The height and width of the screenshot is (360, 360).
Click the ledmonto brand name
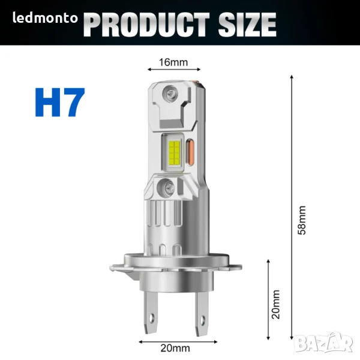[45, 18]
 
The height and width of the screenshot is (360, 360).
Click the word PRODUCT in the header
[146, 25]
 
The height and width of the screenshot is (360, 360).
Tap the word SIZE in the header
[247, 25]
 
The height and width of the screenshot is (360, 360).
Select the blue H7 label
[60, 103]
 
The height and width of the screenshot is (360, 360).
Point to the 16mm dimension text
[173, 62]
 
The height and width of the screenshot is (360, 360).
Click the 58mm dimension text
[302, 220]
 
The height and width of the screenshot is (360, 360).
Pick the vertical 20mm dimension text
[276, 304]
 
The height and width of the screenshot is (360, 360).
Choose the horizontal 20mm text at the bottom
[175, 348]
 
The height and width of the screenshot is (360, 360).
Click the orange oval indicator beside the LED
[190, 152]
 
